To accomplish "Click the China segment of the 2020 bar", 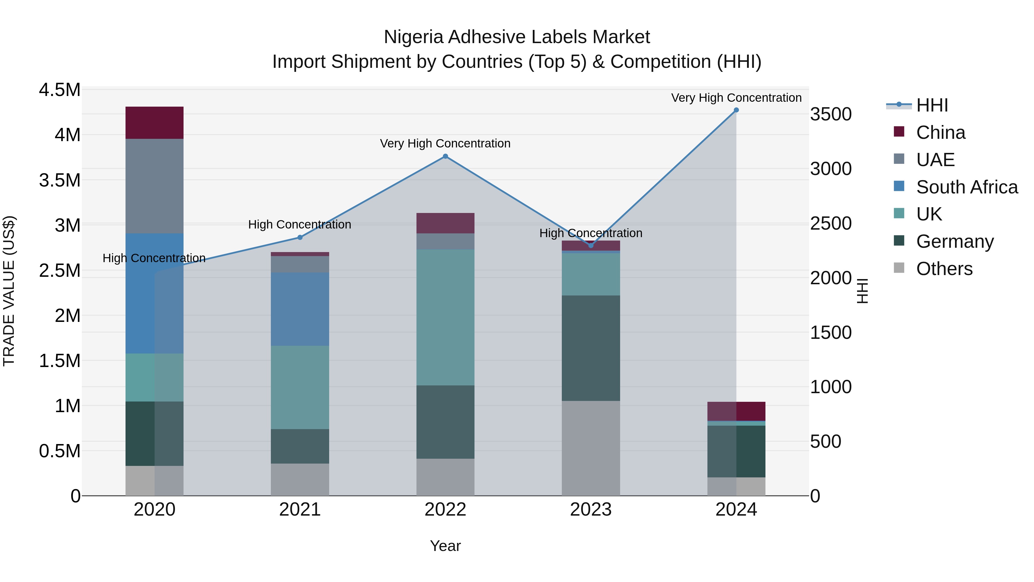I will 155,122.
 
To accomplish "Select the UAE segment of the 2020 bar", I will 155,186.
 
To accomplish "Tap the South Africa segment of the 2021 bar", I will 300,309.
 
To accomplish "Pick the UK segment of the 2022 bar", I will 445,317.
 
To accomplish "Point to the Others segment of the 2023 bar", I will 591,448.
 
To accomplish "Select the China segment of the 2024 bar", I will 736,411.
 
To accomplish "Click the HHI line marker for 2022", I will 445,156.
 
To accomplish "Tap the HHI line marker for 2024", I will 736,110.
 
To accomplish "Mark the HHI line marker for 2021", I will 300,237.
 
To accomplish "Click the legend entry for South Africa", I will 967,187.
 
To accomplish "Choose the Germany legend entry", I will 954,242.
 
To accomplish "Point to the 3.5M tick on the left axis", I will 59,180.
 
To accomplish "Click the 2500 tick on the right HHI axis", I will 830,224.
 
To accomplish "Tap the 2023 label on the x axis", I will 591,510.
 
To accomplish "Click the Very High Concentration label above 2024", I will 736,98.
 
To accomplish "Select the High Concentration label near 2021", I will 300,224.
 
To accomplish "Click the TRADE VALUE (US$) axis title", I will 9,291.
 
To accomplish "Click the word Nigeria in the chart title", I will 413,37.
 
